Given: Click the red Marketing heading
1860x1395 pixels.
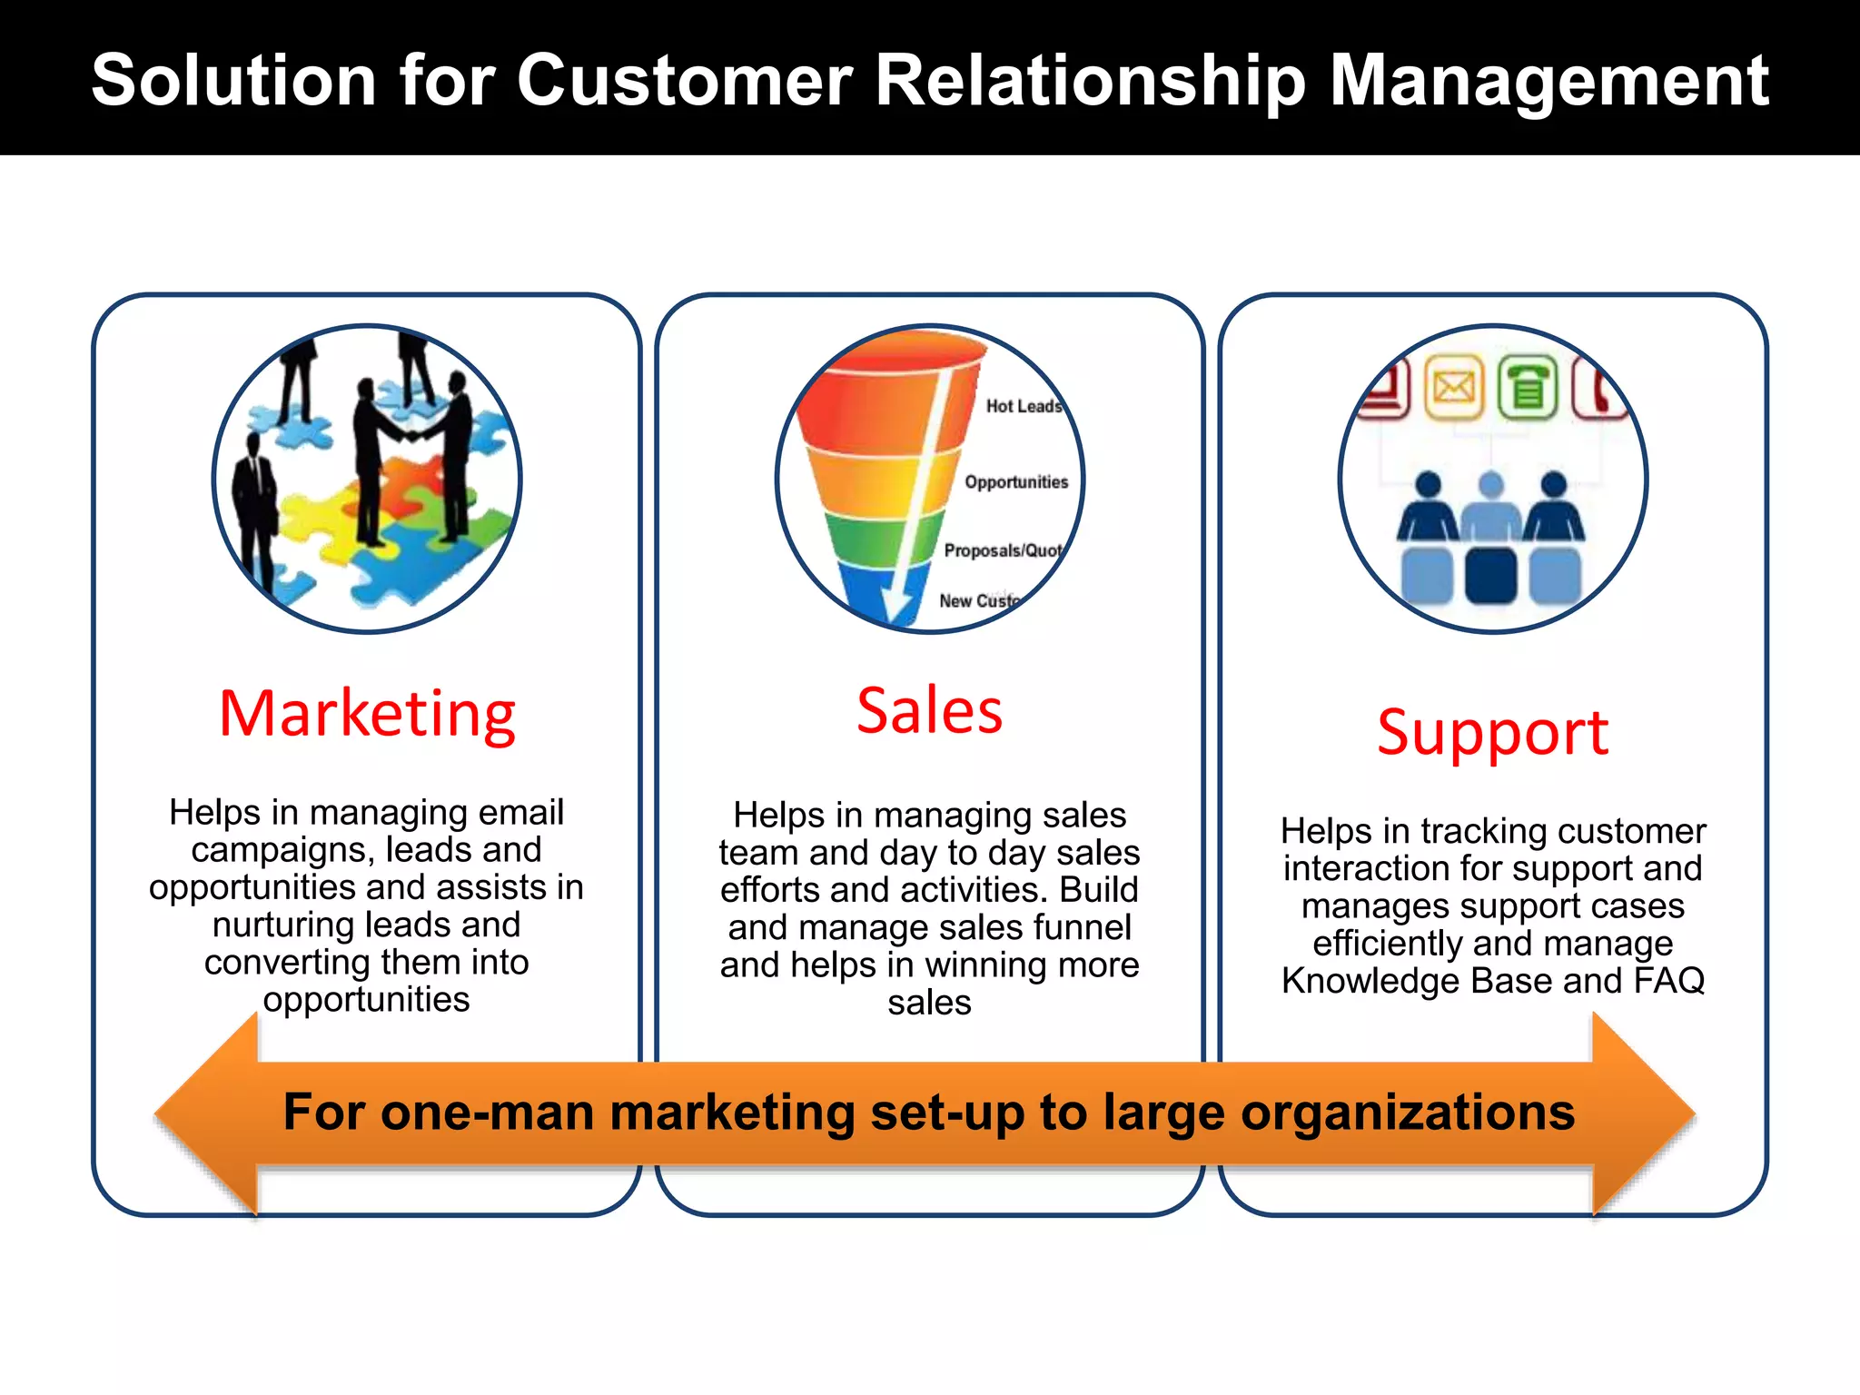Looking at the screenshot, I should pyautogui.click(x=367, y=715).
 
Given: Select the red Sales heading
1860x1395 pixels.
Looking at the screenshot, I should pyautogui.click(x=929, y=710).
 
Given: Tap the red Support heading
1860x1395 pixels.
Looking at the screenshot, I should pyautogui.click(x=1492, y=732).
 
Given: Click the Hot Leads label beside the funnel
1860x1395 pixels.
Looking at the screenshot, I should pyautogui.click(x=1024, y=406).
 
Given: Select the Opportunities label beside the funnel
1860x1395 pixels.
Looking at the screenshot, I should pyautogui.click(x=1016, y=482).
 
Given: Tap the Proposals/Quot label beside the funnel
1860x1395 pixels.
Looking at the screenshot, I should pyautogui.click(x=1002, y=550).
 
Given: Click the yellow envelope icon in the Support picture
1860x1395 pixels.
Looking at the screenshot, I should pyautogui.click(x=1454, y=389).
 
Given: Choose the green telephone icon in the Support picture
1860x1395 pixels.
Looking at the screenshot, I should pyautogui.click(x=1528, y=389).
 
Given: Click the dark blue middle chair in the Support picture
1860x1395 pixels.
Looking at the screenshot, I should pyautogui.click(x=1490, y=575).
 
